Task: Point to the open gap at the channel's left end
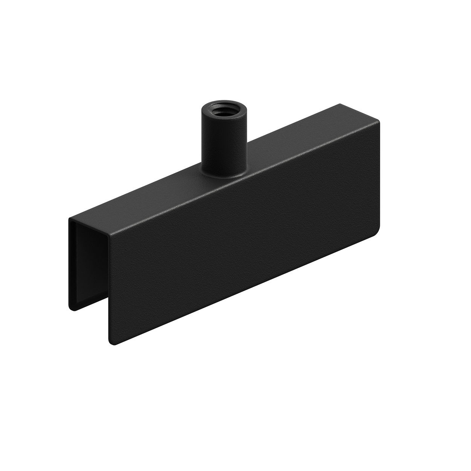(x=90, y=271)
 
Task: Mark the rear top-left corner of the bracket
(x=69, y=218)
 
